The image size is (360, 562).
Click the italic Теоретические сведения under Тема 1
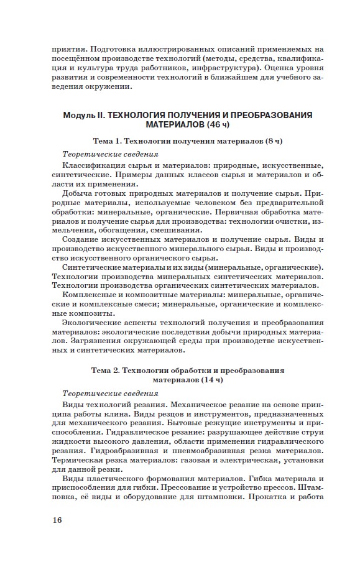109,154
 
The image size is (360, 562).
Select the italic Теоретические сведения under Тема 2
109,394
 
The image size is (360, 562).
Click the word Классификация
93,165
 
